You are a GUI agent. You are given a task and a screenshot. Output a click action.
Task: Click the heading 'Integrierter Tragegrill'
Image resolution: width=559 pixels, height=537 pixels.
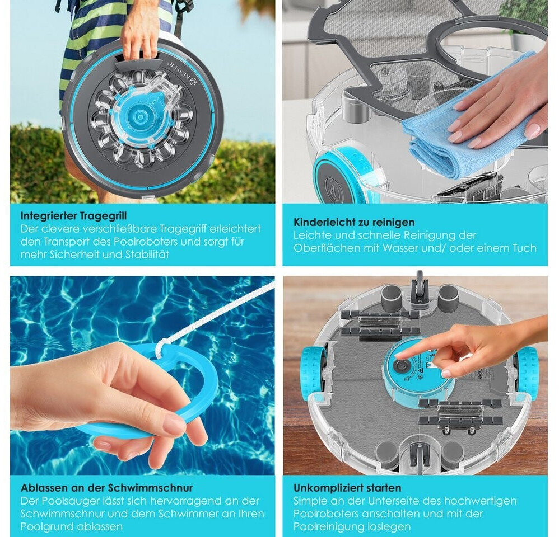click(73, 216)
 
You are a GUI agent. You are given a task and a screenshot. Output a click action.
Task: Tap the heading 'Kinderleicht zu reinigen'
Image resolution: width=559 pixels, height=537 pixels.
click(354, 222)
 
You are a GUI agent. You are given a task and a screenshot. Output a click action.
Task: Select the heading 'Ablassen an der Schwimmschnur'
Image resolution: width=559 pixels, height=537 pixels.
click(106, 488)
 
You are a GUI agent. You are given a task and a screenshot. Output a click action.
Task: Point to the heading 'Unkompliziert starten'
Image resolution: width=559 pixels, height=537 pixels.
click(347, 488)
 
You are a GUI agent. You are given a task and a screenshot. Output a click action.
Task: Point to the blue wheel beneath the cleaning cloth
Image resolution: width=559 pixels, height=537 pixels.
click(342, 176)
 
